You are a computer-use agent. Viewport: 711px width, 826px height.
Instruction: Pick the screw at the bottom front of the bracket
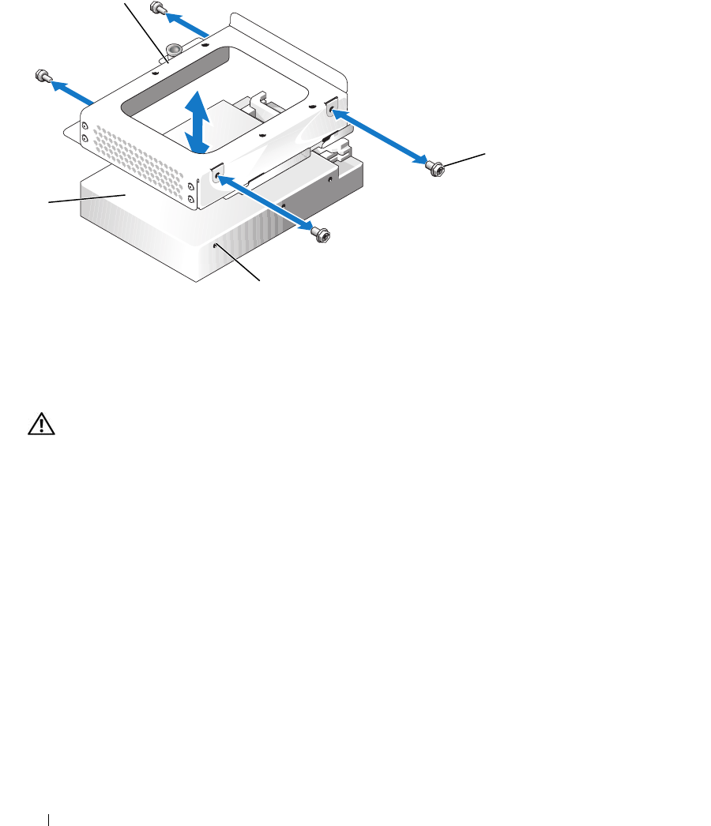(x=319, y=234)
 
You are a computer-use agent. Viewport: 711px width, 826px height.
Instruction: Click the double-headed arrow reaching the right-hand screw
(x=382, y=139)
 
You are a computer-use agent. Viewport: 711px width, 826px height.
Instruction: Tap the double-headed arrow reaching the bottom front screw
(x=268, y=205)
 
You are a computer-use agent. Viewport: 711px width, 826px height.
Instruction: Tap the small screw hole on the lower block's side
(x=217, y=246)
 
